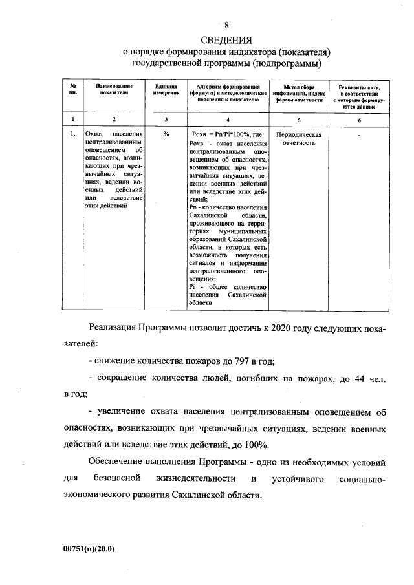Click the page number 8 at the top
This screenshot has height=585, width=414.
(226, 25)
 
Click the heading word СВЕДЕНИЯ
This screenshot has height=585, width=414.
(226, 38)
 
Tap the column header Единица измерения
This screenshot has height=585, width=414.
(166, 90)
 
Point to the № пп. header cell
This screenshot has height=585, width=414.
(74, 90)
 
